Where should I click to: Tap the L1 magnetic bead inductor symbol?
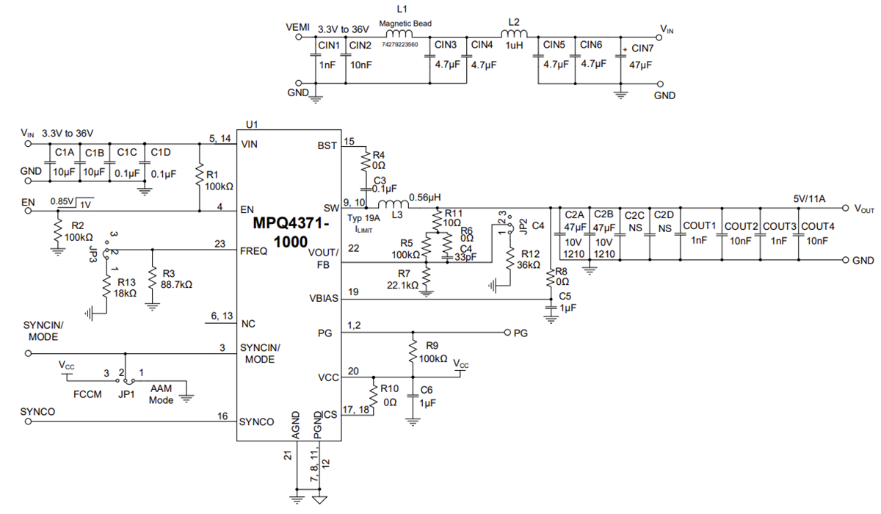pyautogui.click(x=399, y=35)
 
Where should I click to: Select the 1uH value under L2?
pyautogui.click(x=513, y=45)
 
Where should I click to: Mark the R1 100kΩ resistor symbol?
pyautogui.click(x=199, y=176)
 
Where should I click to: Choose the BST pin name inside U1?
pyautogui.click(x=327, y=145)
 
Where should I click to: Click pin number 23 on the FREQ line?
pyautogui.click(x=220, y=245)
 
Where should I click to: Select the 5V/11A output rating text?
pyautogui.click(x=809, y=198)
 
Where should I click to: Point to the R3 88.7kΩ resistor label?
pyautogui.click(x=174, y=278)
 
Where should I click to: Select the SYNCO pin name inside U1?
pyautogui.click(x=256, y=421)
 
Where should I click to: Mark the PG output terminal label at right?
pyautogui.click(x=520, y=333)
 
